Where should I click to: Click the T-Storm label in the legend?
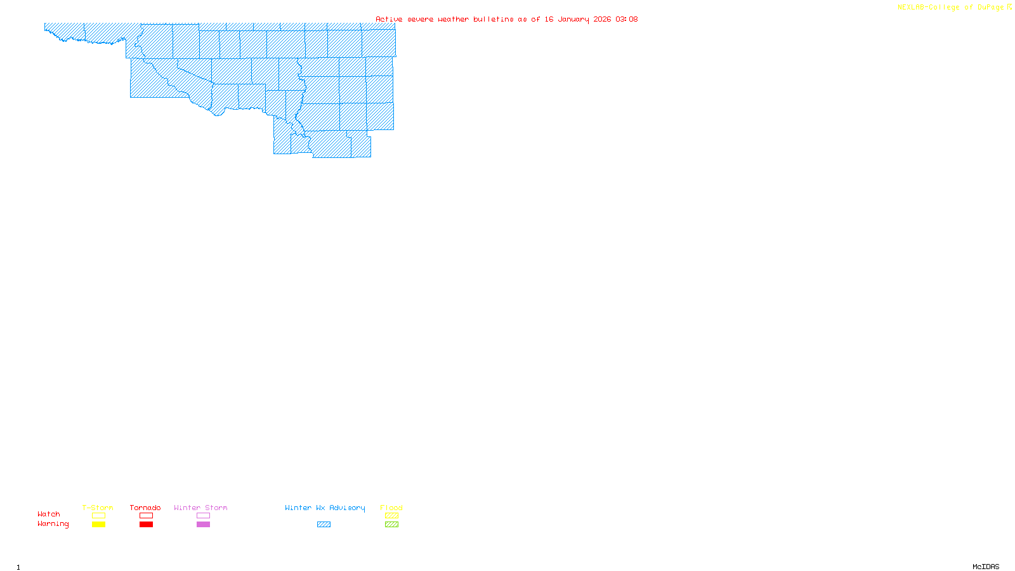98,508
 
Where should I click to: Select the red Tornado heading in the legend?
145,508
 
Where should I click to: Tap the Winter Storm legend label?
200,508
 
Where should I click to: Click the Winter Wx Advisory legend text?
325,508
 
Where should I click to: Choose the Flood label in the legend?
391,508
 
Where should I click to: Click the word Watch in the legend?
49,514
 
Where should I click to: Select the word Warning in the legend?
53,524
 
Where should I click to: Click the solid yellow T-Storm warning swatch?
98,525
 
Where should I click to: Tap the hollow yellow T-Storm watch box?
98,516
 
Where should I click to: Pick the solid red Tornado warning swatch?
146,525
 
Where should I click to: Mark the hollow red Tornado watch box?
146,516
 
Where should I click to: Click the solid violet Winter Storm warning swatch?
203,525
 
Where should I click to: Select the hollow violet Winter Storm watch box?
203,516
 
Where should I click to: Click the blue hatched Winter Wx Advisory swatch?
324,525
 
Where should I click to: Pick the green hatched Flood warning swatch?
391,525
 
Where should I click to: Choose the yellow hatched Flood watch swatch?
391,516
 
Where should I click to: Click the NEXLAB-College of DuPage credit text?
951,8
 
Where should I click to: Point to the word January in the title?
573,19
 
